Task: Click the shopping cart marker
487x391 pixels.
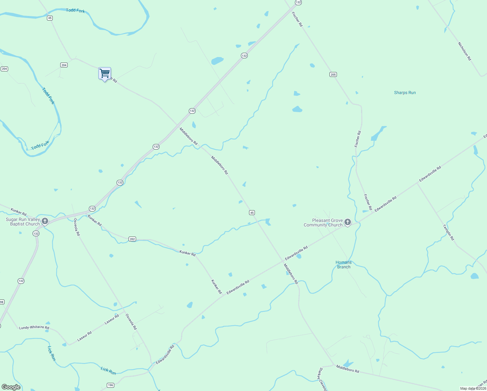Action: (x=104, y=73)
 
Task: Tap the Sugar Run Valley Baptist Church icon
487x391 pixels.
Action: (x=45, y=222)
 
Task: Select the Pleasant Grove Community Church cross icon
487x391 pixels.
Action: (x=348, y=223)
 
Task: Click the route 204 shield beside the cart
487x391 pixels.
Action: (x=64, y=65)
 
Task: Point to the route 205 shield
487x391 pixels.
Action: (x=333, y=75)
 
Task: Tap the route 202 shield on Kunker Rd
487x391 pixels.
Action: (x=132, y=239)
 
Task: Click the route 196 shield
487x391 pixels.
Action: (x=111, y=385)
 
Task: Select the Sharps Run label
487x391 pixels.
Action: (x=405, y=93)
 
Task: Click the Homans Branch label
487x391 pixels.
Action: (x=344, y=265)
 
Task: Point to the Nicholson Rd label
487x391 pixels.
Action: (x=464, y=51)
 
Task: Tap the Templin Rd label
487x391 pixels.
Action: (x=448, y=232)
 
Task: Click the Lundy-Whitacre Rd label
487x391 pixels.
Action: (x=34, y=327)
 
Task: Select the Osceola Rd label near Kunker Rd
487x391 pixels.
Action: (x=76, y=227)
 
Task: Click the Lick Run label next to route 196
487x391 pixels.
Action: (x=108, y=371)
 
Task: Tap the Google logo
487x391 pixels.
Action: (x=11, y=387)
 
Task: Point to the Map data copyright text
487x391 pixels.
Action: (x=473, y=388)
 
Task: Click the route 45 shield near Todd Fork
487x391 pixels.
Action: (x=50, y=18)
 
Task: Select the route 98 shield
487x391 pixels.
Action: (x=2, y=302)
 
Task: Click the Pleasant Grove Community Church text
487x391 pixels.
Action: (x=323, y=223)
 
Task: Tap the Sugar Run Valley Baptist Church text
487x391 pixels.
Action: (x=23, y=222)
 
